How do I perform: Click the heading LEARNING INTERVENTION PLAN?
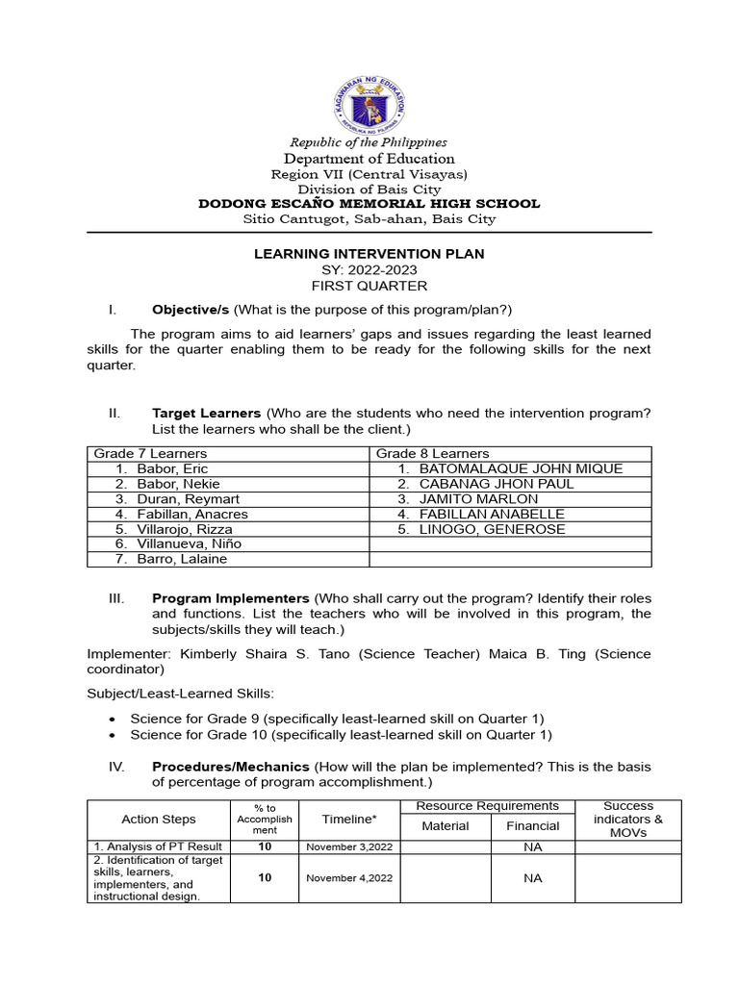369,254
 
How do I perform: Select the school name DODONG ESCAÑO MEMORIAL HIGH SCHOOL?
369,204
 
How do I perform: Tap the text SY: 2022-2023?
369,270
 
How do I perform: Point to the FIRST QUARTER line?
369,286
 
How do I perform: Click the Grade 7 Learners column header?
150,453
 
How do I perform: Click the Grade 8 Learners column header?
432,453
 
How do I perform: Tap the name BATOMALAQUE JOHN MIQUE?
521,468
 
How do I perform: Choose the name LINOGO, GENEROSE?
492,529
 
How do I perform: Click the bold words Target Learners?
206,413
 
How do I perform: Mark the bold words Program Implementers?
231,598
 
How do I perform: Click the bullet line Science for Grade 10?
341,735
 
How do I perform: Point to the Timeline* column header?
349,820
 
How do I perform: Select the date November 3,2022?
349,847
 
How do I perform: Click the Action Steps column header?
159,820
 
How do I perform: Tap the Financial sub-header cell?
533,826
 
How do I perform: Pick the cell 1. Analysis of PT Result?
158,847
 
